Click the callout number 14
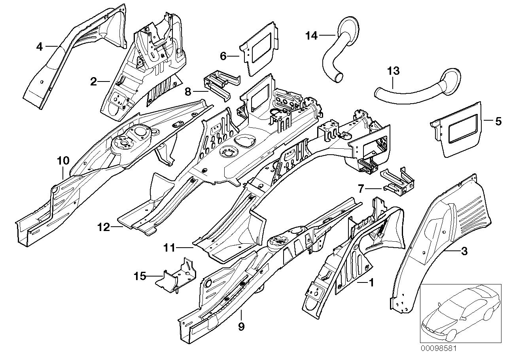tap(311, 36)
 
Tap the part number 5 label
tap(498, 121)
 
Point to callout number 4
tap(39, 47)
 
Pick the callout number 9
tap(241, 327)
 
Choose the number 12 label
tap(103, 227)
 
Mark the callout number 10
tap(63, 161)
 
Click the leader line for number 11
tap(184, 248)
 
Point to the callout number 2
tap(93, 82)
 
